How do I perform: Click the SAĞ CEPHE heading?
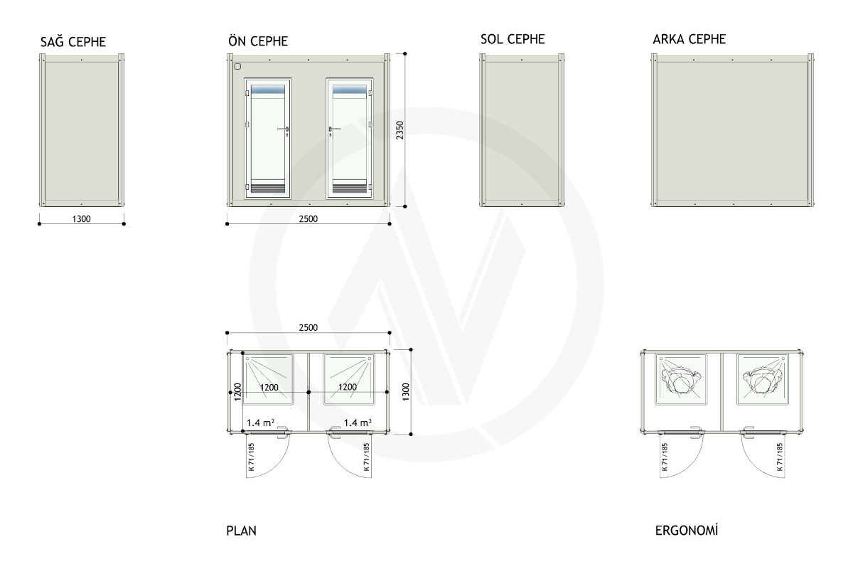pos(73,41)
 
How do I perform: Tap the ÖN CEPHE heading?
pos(258,41)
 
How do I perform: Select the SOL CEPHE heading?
pos(513,39)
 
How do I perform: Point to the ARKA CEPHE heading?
pos(690,39)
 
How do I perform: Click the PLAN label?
pos(241,531)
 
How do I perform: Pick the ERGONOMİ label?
pos(687,530)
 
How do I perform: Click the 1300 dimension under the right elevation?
pos(82,219)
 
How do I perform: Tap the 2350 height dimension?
pos(399,130)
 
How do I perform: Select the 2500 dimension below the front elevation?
pos(308,219)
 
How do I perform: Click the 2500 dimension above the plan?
pos(308,327)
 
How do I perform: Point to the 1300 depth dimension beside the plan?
pos(406,392)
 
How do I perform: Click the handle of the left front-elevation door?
pos(284,130)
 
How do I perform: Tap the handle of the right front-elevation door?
pos(333,130)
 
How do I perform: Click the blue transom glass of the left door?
pos(268,90)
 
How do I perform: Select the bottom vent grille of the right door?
pos(350,188)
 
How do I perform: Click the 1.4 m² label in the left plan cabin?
pos(260,422)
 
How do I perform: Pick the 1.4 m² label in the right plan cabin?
pos(358,422)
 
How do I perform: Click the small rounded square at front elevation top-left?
pos(237,67)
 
